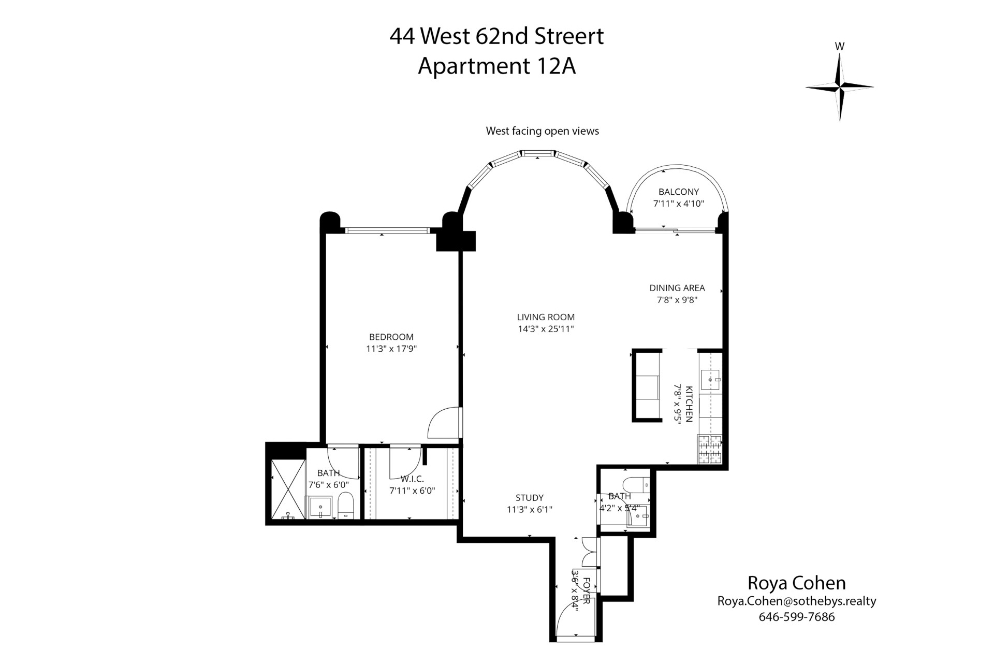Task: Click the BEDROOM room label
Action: point(391,337)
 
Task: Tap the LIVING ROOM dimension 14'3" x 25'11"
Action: point(546,329)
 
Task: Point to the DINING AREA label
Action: point(677,288)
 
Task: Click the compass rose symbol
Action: point(839,87)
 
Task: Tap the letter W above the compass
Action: point(840,47)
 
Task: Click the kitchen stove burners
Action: point(710,449)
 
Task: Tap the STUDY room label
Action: point(529,498)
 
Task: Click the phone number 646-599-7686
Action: point(796,617)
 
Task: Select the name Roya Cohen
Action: point(796,583)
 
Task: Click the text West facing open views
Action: point(542,131)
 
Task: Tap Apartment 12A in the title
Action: point(496,66)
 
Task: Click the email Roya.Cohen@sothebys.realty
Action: point(796,601)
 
